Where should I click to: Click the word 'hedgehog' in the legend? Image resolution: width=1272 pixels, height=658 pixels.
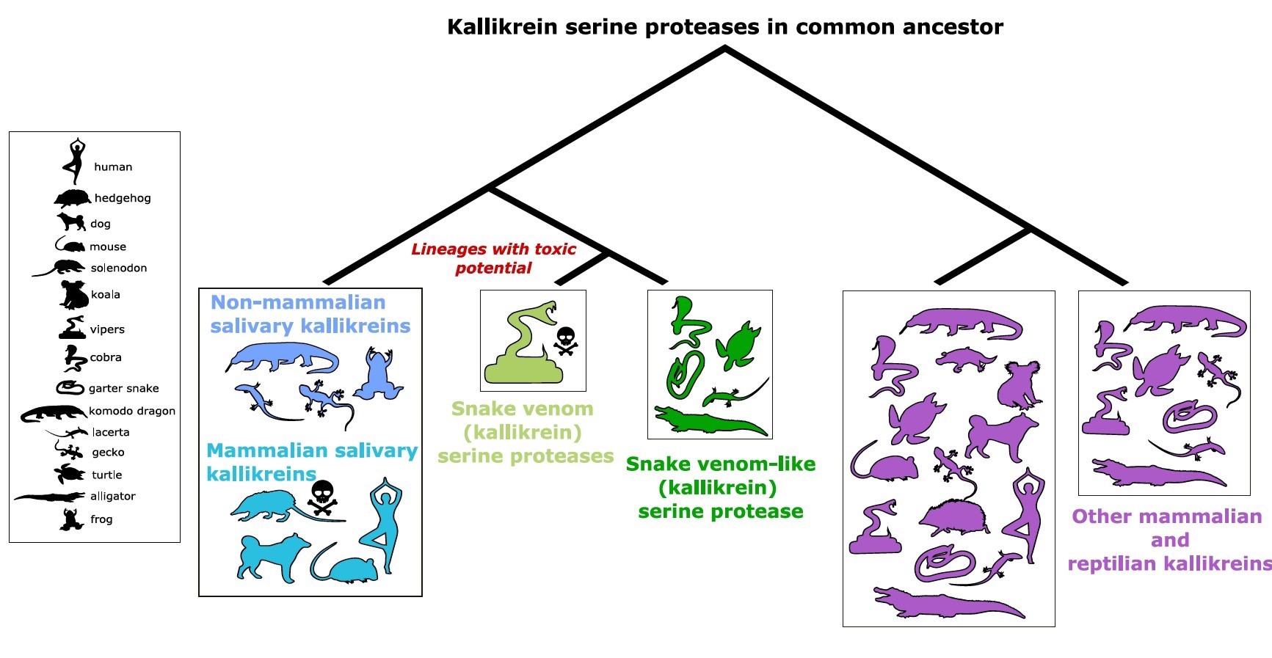123,198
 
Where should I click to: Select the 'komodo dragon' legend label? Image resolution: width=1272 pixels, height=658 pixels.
132,411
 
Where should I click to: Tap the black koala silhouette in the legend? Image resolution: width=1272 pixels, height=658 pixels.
73,295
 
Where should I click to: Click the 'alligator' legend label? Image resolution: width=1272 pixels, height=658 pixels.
113,496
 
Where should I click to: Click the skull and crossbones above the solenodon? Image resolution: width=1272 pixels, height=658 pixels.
323,497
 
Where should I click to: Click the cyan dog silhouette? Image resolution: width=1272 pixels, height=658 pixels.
272,557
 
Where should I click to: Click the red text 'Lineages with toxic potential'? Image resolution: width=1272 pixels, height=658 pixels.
493,258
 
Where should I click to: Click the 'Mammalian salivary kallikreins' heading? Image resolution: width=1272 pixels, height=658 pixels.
311,461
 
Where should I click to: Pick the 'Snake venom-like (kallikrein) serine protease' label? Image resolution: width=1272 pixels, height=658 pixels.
720,487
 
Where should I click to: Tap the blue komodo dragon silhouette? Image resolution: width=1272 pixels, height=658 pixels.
283,359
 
